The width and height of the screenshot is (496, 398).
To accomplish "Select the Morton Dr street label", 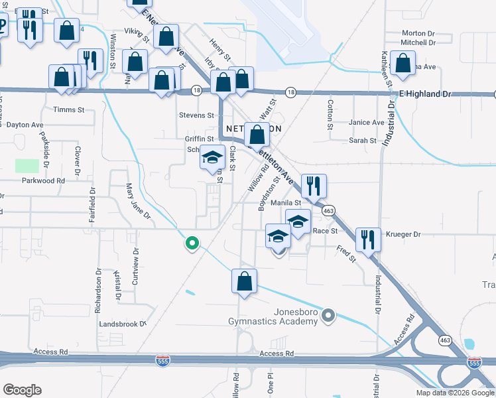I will [x=418, y=33].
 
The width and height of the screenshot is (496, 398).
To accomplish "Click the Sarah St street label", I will [x=363, y=141].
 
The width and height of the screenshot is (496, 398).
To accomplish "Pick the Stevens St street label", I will [x=196, y=115].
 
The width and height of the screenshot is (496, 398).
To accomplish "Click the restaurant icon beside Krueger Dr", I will [x=367, y=239].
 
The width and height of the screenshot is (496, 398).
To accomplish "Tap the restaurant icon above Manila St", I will [x=312, y=185].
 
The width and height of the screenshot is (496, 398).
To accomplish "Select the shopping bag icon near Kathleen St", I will [x=403, y=63].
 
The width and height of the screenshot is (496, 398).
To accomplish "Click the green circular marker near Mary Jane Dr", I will [x=192, y=243].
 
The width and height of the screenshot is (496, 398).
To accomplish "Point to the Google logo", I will [x=22, y=390].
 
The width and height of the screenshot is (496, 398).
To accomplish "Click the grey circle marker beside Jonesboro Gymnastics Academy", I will [x=328, y=316].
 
